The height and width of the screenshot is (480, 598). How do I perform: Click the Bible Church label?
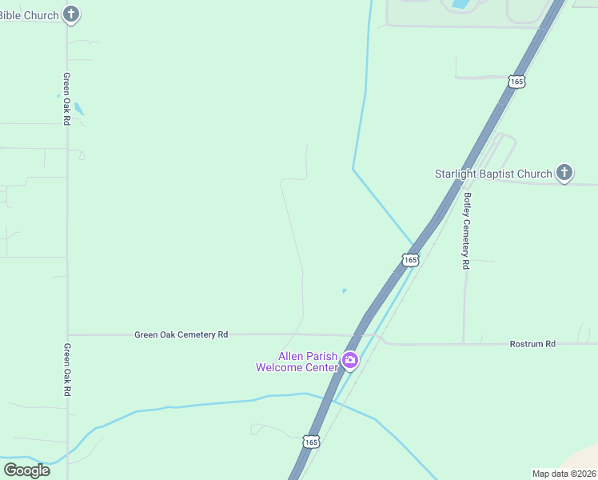[30, 15]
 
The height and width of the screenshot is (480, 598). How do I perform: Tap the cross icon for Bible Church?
[71, 14]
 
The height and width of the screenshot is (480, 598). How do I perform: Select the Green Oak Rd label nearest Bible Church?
[67, 98]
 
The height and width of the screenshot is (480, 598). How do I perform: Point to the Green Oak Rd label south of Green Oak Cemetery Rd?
[67, 370]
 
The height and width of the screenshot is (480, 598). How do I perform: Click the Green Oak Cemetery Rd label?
[181, 334]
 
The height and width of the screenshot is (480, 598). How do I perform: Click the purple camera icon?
[349, 361]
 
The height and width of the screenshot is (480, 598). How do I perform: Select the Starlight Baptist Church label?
[493, 174]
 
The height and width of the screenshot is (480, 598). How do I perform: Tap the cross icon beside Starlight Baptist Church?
[564, 173]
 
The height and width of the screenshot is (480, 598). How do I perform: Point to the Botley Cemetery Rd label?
[466, 230]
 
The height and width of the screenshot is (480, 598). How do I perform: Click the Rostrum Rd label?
[532, 344]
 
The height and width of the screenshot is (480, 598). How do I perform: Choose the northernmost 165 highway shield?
[516, 82]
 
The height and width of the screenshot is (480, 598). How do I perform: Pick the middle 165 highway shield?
[410, 260]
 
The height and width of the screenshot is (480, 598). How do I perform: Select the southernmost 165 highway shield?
[312, 442]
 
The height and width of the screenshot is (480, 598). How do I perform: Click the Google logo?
[26, 470]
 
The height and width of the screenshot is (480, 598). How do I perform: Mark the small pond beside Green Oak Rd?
[78, 109]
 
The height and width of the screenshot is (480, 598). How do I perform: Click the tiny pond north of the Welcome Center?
[345, 290]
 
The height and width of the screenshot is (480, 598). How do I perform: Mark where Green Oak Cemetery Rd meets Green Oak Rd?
[68, 334]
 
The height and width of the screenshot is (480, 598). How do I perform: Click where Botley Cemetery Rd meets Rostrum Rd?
[464, 344]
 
